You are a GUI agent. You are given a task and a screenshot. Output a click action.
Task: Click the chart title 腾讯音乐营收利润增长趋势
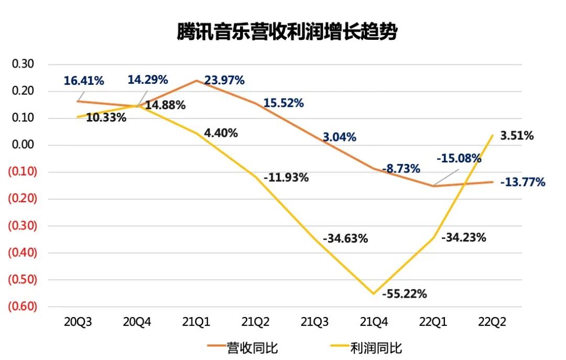pos(287,32)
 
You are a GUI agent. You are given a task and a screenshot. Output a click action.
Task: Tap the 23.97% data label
pos(224,81)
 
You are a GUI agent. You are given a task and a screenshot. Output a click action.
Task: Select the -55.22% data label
pos(404,293)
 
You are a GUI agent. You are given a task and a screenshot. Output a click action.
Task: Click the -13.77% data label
pos(522,182)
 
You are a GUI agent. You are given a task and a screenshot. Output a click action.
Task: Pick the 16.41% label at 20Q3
pos(84,81)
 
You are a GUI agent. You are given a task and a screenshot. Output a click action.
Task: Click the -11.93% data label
pos(286,178)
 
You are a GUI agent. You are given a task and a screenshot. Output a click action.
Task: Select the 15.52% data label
pos(284,103)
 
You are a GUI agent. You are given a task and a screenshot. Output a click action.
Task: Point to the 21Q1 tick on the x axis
pos(197,321)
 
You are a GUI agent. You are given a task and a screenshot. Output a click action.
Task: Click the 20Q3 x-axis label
pos(78,321)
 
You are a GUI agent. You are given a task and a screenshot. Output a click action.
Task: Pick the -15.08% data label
pos(460,158)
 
